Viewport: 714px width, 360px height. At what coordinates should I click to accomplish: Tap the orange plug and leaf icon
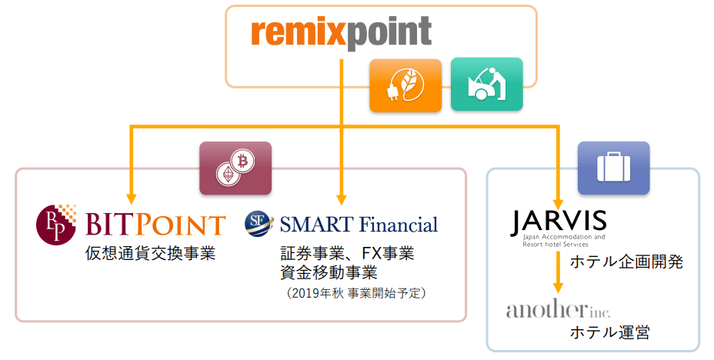click(x=405, y=85)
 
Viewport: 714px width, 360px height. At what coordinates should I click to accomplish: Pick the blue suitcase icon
click(x=613, y=167)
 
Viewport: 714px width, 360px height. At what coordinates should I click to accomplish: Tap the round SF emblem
click(x=257, y=222)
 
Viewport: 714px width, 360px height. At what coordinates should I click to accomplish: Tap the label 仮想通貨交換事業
click(x=150, y=254)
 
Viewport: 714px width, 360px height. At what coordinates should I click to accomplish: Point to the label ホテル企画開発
click(x=626, y=262)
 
